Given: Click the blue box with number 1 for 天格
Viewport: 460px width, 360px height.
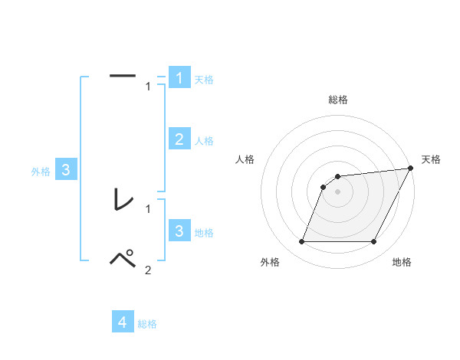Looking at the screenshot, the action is (179, 77).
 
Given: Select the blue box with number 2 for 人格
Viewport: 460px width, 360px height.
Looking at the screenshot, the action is (179, 139).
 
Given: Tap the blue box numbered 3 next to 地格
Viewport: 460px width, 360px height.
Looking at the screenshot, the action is (179, 231).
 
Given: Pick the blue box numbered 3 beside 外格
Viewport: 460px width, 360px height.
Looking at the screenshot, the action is (66, 170).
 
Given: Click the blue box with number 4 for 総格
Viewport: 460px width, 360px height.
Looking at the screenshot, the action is (123, 322).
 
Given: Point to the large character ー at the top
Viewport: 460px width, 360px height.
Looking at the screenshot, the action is (123, 75).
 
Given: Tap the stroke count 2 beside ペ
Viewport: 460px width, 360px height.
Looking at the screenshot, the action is (148, 270).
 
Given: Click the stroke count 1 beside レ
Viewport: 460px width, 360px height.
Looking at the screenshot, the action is (148, 208).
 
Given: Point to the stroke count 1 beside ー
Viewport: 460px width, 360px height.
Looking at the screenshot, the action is (148, 87).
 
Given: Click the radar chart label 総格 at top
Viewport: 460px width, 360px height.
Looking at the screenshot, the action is (338, 100).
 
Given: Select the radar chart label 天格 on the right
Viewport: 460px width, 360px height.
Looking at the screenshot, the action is (431, 159).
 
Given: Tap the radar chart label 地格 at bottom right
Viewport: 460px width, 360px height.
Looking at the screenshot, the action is (402, 263).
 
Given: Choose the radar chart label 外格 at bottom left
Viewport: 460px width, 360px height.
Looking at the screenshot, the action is (270, 263).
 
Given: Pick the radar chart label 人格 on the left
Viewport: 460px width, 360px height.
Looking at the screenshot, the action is (245, 159).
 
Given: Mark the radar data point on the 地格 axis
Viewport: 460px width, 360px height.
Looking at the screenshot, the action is (374, 242).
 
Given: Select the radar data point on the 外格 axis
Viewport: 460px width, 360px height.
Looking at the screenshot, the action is (301, 242).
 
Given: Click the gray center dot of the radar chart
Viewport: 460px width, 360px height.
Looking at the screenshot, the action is (338, 191).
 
